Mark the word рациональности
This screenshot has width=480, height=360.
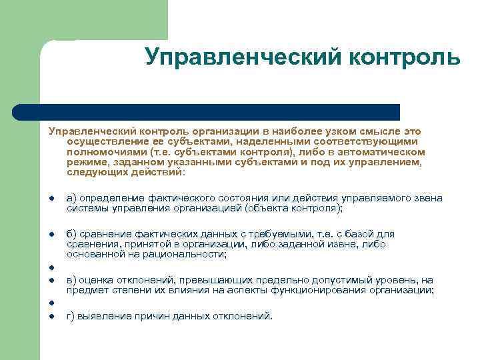click(190, 254)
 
